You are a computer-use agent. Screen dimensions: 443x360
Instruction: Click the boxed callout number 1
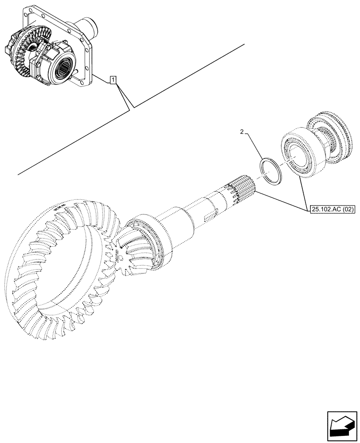coord(114,80)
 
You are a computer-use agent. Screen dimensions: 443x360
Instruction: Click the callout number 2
coord(242,132)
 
